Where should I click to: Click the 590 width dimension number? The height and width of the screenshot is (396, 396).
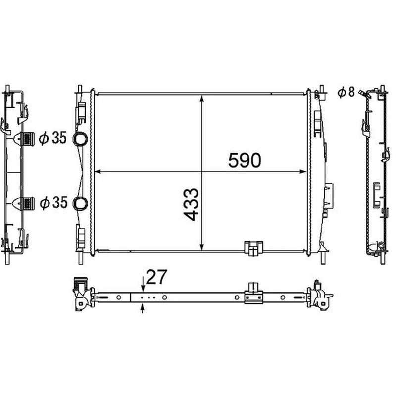[245, 160]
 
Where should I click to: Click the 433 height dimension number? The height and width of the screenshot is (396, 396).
[191, 204]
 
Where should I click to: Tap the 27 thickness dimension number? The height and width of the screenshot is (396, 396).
[156, 277]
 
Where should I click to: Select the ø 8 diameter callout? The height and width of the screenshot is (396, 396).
[346, 92]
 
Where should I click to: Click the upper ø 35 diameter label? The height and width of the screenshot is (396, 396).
[52, 138]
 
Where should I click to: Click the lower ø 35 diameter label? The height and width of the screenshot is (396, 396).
[53, 203]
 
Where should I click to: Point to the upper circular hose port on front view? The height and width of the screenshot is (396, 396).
[80, 139]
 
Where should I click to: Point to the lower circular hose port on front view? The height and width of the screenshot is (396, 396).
[80, 203]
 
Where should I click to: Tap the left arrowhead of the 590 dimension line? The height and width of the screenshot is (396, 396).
[98, 172]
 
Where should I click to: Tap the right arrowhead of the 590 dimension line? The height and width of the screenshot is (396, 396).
[303, 172]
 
